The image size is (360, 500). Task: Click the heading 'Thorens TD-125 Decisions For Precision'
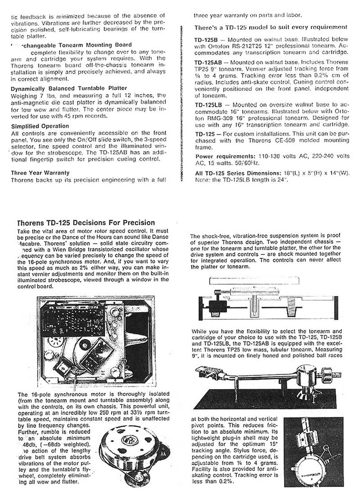tap(85, 222)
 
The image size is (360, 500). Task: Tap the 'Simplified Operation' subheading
tap(40, 126)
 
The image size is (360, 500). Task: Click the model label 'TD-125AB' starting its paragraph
tap(209, 61)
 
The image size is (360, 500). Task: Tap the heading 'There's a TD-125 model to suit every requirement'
tap(271, 28)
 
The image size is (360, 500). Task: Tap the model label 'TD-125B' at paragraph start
tap(208, 39)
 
